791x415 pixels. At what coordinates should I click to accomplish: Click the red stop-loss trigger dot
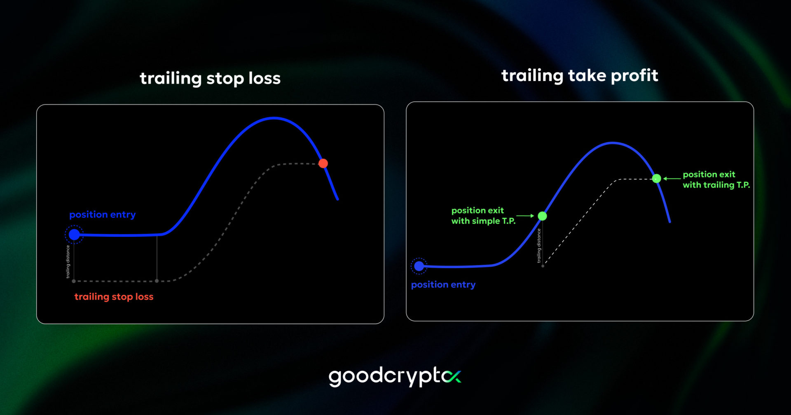coord(323,163)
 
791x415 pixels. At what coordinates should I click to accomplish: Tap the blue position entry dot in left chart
coord(74,235)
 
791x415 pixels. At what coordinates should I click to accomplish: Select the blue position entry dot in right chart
coord(419,266)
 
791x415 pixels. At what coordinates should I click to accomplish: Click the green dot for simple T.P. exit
coord(542,216)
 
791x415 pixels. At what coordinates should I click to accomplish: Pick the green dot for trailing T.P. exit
coord(657,178)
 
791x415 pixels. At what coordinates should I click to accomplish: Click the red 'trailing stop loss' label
coord(114,297)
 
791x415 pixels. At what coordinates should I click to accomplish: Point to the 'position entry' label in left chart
coord(102,214)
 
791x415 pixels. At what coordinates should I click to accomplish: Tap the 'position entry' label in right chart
coord(443,284)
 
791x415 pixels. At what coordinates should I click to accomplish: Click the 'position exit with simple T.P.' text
coord(483,216)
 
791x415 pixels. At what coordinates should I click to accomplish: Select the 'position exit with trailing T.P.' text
coord(716,180)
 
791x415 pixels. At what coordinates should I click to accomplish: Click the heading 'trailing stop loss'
coord(210,78)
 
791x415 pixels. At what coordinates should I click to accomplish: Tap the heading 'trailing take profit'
coord(579,76)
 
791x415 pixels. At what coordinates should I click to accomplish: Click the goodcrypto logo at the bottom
coord(394,376)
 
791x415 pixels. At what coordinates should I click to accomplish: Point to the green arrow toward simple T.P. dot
coord(525,216)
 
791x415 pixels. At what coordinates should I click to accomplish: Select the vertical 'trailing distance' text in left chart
coord(68,262)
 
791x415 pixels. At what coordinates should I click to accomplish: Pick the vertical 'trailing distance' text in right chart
coord(538,246)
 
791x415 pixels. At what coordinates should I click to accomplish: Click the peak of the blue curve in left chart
coord(274,118)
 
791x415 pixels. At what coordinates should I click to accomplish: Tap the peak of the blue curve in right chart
coord(612,143)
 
